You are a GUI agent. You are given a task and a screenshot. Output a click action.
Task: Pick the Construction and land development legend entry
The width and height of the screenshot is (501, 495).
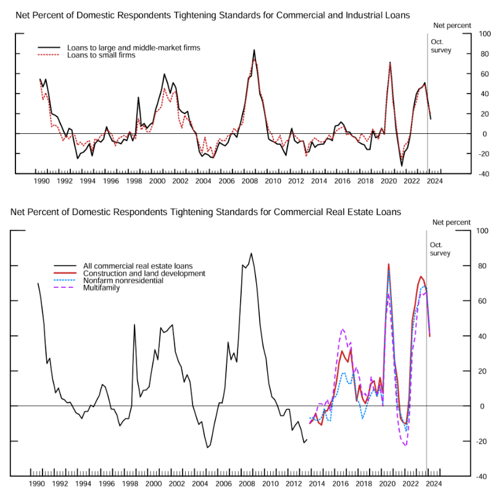[x=144, y=272]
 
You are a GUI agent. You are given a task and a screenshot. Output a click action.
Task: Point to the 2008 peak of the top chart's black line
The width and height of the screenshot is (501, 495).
[x=254, y=51]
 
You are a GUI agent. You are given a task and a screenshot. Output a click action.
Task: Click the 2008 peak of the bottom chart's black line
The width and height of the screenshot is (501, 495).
[x=251, y=253]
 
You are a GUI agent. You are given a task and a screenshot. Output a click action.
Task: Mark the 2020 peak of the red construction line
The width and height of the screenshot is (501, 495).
[x=388, y=264]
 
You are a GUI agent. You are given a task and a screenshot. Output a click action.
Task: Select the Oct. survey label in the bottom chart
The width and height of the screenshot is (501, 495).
[x=440, y=249]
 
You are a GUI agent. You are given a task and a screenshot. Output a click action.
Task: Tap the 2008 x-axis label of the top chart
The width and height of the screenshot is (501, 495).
[x=251, y=181]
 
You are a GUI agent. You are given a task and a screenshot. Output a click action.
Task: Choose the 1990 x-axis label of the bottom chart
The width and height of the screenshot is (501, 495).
[x=36, y=484]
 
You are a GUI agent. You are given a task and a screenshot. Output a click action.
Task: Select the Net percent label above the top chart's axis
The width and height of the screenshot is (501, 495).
[x=452, y=25]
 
